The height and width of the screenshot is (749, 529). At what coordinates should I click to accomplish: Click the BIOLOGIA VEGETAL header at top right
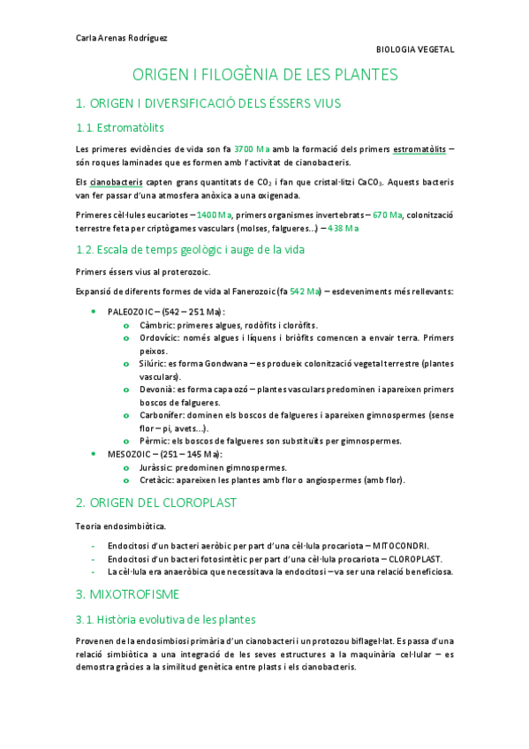point(415,49)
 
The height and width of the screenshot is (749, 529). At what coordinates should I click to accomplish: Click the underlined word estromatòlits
point(419,148)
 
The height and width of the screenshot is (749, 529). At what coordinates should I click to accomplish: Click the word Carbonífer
point(160,415)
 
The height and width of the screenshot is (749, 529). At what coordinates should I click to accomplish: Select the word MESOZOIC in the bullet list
point(130,454)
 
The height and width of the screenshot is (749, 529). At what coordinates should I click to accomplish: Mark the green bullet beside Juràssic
point(128,467)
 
